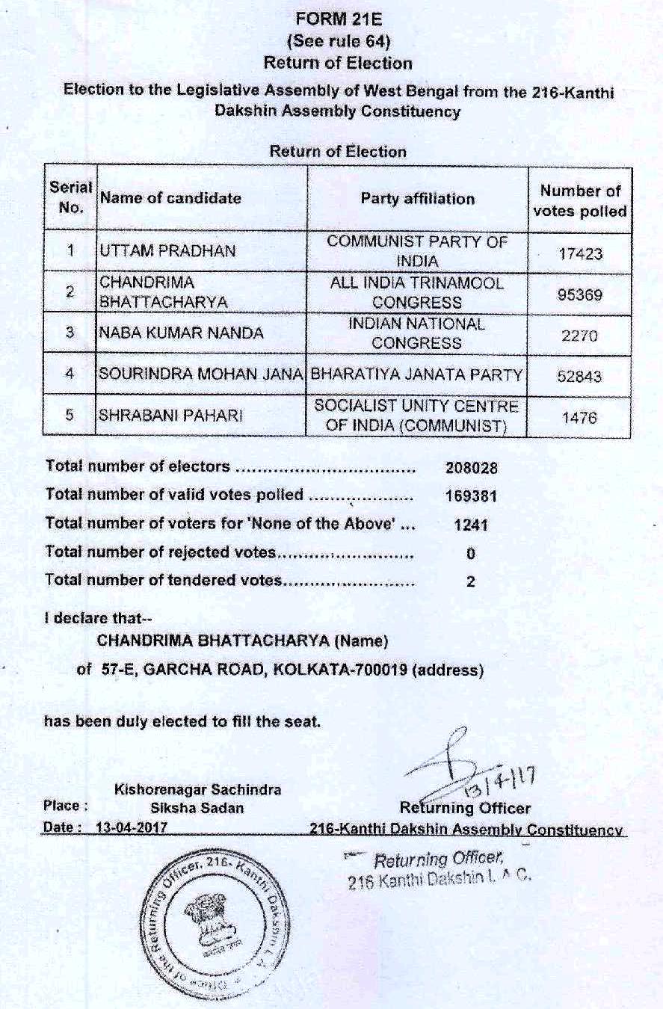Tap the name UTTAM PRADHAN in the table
coord(167,252)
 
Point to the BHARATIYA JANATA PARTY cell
coord(416,375)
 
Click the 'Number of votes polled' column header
coord(580,201)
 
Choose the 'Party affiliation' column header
coord(417,199)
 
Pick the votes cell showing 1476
coord(579,418)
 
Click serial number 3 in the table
coord(69,333)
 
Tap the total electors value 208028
coord(471,468)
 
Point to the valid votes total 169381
coord(471,496)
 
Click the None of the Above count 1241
coord(471,525)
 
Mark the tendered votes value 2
coord(470,582)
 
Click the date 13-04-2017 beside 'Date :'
coord(132,828)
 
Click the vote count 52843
coord(580,376)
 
